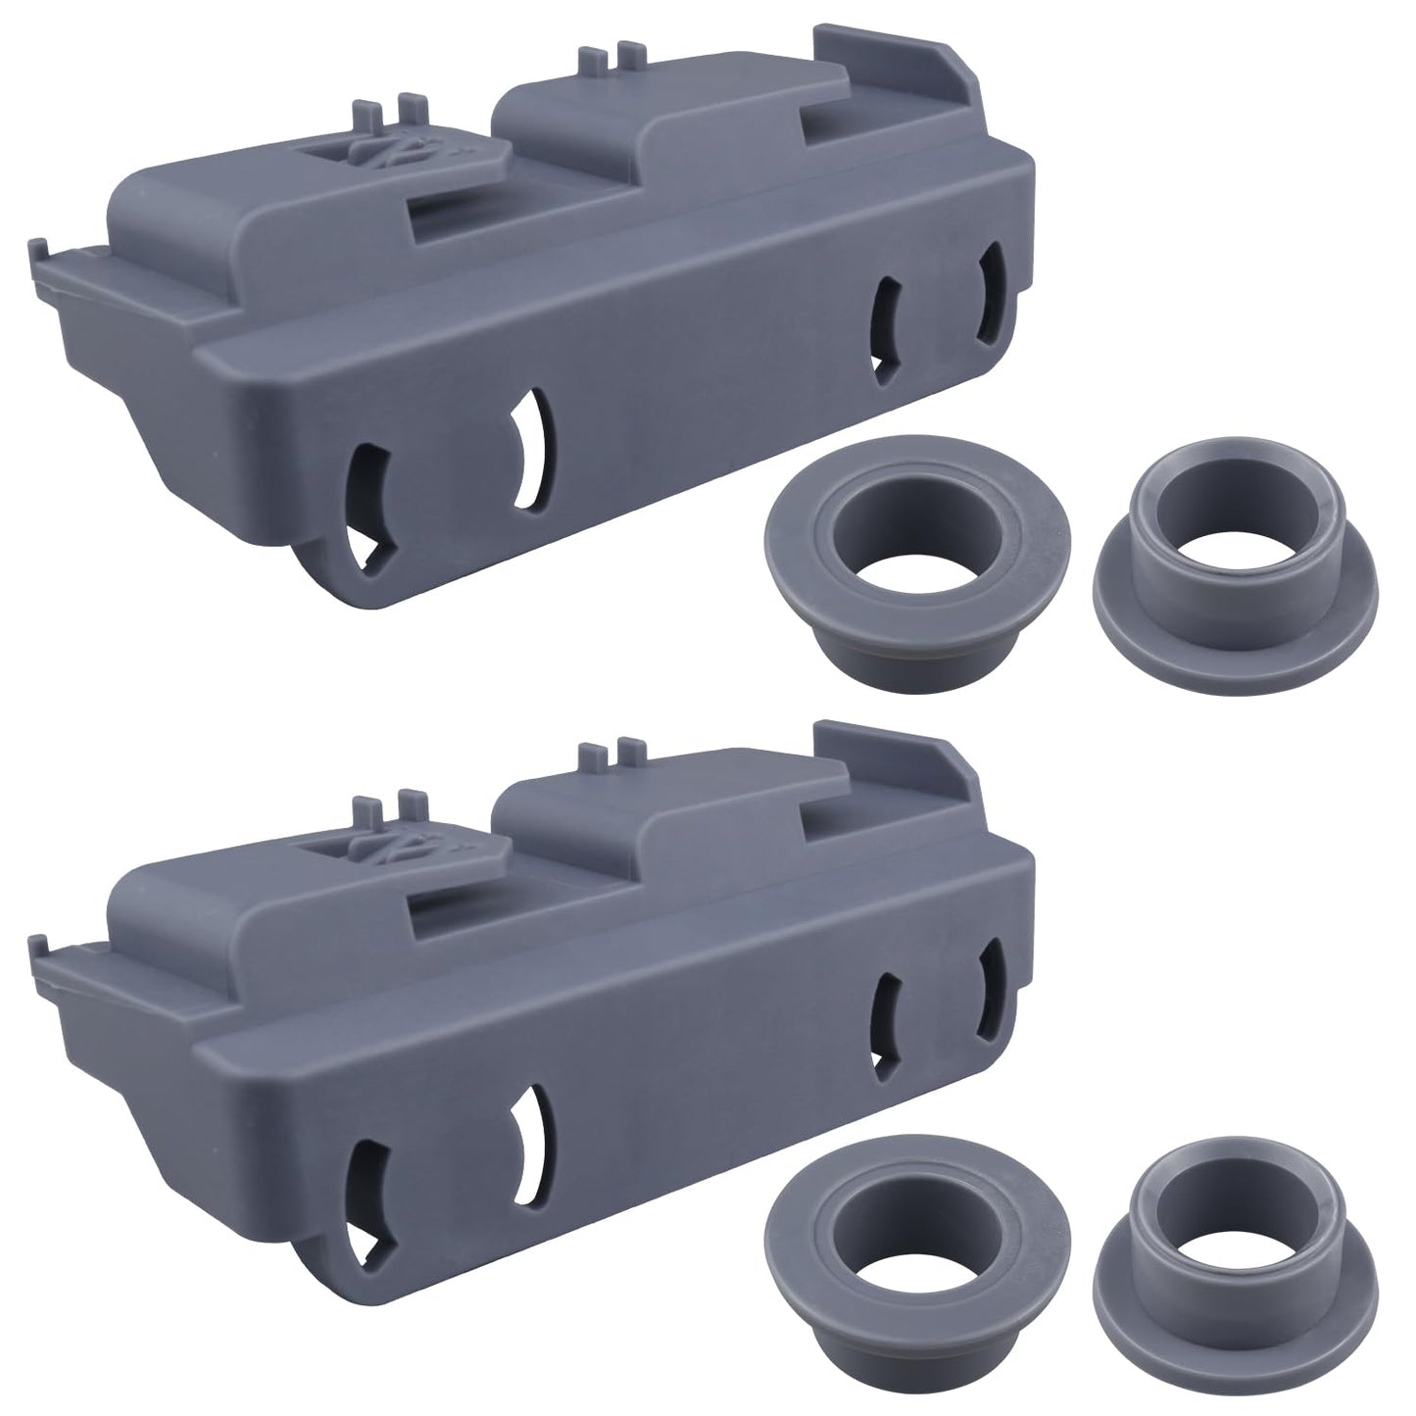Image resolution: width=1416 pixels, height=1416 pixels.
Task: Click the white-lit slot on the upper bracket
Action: click(x=532, y=449)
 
